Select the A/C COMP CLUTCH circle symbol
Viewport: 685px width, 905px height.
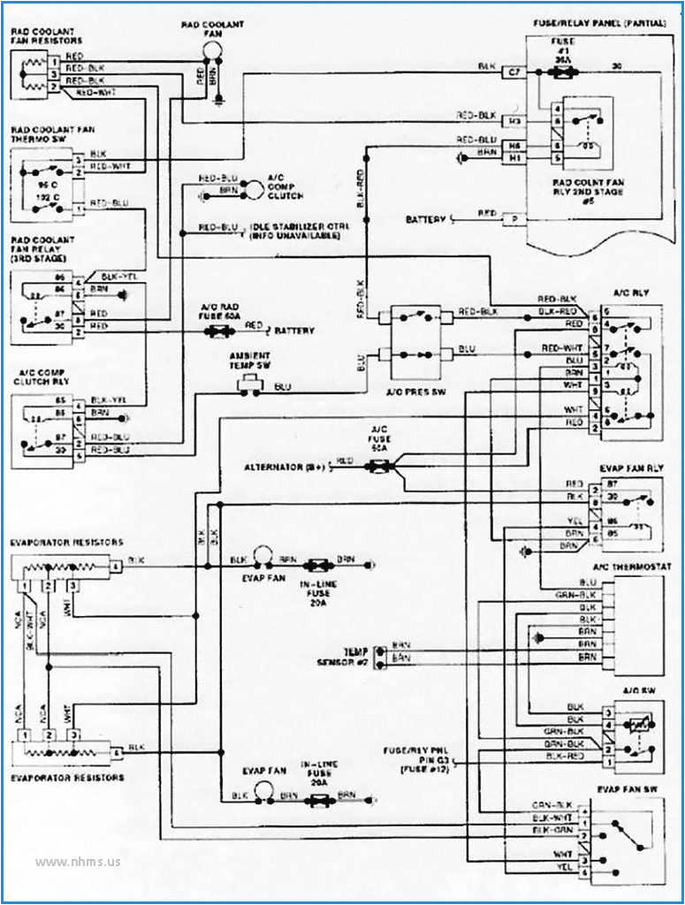tap(254, 188)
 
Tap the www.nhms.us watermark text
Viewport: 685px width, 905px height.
tap(78, 861)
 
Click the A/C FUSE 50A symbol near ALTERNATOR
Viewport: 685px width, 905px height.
tap(377, 462)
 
